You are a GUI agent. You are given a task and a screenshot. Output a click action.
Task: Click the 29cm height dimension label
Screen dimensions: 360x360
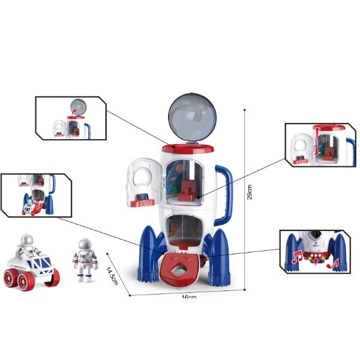[250, 192]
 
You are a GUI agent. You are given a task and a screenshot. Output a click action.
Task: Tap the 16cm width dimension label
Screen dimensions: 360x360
[188, 296]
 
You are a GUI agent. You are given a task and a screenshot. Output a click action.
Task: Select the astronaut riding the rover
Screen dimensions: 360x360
[26, 246]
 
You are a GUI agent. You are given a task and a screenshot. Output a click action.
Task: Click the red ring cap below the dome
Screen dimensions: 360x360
[187, 148]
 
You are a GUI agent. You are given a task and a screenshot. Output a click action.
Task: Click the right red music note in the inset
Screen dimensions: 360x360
[334, 262]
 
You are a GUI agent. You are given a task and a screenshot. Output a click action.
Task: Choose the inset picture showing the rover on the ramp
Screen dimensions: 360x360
[36, 195]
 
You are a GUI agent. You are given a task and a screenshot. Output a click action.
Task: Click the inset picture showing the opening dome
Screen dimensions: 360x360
[71, 118]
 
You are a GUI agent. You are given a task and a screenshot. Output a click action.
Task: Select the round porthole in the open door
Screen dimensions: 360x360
[143, 174]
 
